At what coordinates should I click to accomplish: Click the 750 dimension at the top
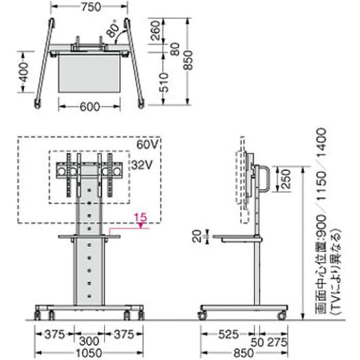click(91, 7)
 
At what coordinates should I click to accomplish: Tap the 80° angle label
click(113, 29)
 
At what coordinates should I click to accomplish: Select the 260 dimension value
click(155, 31)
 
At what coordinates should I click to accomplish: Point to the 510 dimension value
click(164, 82)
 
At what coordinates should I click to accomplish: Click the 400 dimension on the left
click(23, 72)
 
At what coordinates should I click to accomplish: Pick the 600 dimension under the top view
click(90, 107)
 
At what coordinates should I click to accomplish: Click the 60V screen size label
click(147, 144)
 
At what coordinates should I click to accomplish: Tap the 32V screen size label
click(142, 165)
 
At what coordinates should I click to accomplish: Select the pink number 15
click(140, 217)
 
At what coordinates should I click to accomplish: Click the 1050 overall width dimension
click(89, 353)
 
